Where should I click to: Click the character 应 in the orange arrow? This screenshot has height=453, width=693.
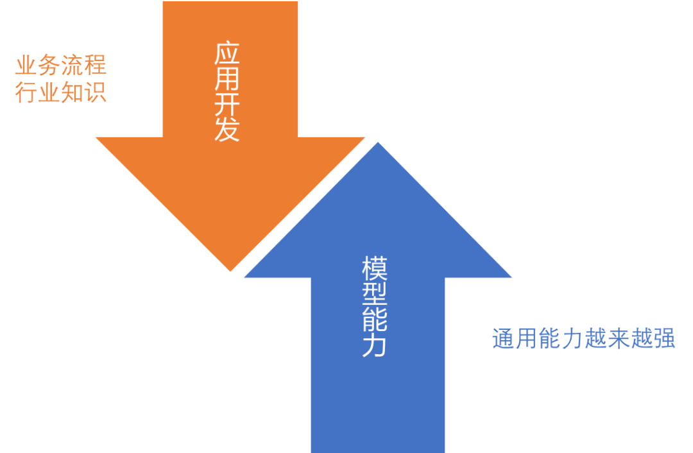point(227,55)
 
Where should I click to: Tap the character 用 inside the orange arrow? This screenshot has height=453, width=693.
point(227,80)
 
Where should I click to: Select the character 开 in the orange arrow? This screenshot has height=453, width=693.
point(227,105)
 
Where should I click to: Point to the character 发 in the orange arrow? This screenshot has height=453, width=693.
point(227,129)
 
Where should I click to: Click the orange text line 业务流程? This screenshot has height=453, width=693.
point(61,65)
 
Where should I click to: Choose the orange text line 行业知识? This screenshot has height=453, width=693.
point(61,93)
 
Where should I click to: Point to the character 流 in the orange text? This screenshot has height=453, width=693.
point(72,65)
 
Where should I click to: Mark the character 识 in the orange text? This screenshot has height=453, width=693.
point(95,93)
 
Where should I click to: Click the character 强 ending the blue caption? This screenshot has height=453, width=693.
point(664,338)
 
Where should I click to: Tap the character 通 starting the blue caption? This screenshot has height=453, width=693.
point(504,338)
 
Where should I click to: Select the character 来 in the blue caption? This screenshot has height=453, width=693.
point(619,338)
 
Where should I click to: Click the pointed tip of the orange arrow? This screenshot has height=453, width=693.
point(230,272)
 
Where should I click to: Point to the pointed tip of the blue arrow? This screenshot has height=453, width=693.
point(379,142)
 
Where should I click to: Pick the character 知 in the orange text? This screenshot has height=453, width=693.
point(72,93)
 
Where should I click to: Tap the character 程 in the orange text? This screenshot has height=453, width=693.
point(95,65)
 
